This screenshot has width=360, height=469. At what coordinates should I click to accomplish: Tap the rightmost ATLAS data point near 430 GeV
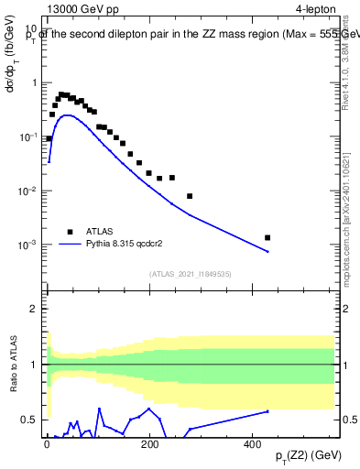coord(267,237)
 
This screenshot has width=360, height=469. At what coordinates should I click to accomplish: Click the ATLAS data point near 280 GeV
coord(190,196)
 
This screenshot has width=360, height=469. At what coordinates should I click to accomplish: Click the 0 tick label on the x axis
coord(47,444)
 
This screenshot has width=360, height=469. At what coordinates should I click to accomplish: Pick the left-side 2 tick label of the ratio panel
coord(34,309)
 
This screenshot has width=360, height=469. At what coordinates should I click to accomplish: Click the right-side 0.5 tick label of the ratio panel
coord(348,420)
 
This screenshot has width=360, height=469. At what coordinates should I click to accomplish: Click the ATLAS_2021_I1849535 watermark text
coord(191,274)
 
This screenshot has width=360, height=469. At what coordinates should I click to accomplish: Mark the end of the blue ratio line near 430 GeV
coord(267,411)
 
